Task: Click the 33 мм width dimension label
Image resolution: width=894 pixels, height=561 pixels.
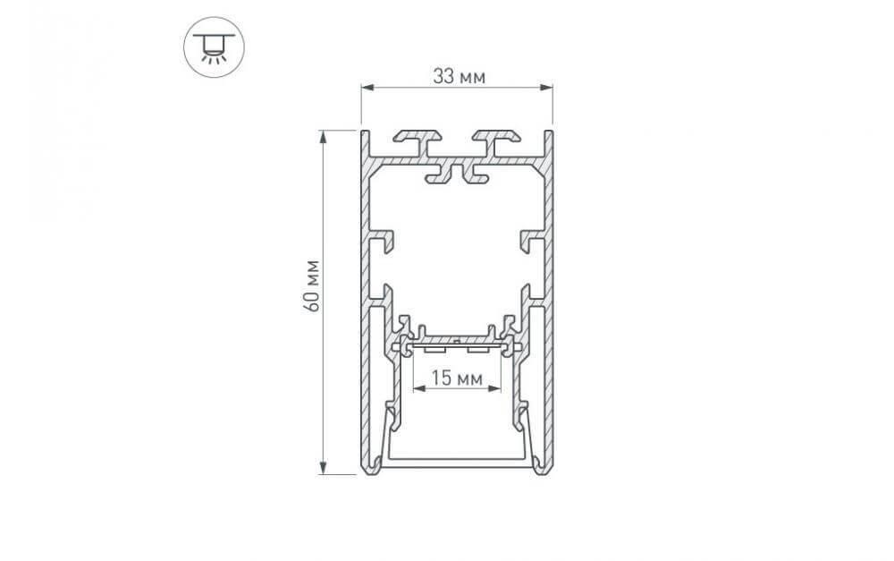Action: [459, 76]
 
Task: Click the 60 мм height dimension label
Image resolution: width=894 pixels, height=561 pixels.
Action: [312, 285]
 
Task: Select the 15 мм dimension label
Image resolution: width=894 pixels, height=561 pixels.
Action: [457, 378]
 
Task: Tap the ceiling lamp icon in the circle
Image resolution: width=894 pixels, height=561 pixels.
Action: [214, 47]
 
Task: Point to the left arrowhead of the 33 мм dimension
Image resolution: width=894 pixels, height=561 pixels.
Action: [367, 88]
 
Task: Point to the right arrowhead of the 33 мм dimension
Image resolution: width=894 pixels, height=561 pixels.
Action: [546, 88]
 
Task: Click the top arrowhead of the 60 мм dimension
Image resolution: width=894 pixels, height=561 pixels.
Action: [324, 137]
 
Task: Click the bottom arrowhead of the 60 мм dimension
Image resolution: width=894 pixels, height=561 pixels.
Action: [324, 467]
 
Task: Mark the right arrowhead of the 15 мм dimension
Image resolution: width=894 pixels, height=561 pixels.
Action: [495, 388]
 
